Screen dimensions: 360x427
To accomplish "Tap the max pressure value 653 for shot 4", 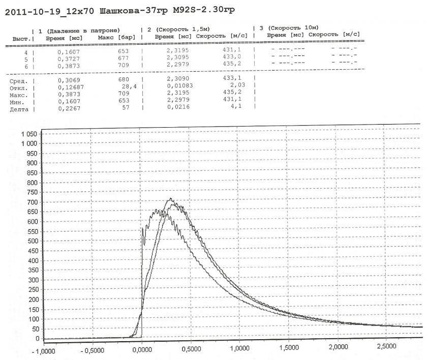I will coord(123,51).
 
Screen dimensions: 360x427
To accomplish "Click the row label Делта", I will coord(19,109).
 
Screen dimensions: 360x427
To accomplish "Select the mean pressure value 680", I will coord(123,81).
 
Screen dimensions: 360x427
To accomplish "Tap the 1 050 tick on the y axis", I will coord(29,134).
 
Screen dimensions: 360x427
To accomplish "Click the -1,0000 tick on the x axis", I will coord(44,351).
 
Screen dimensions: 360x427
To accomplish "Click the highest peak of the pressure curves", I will coord(171,199).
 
